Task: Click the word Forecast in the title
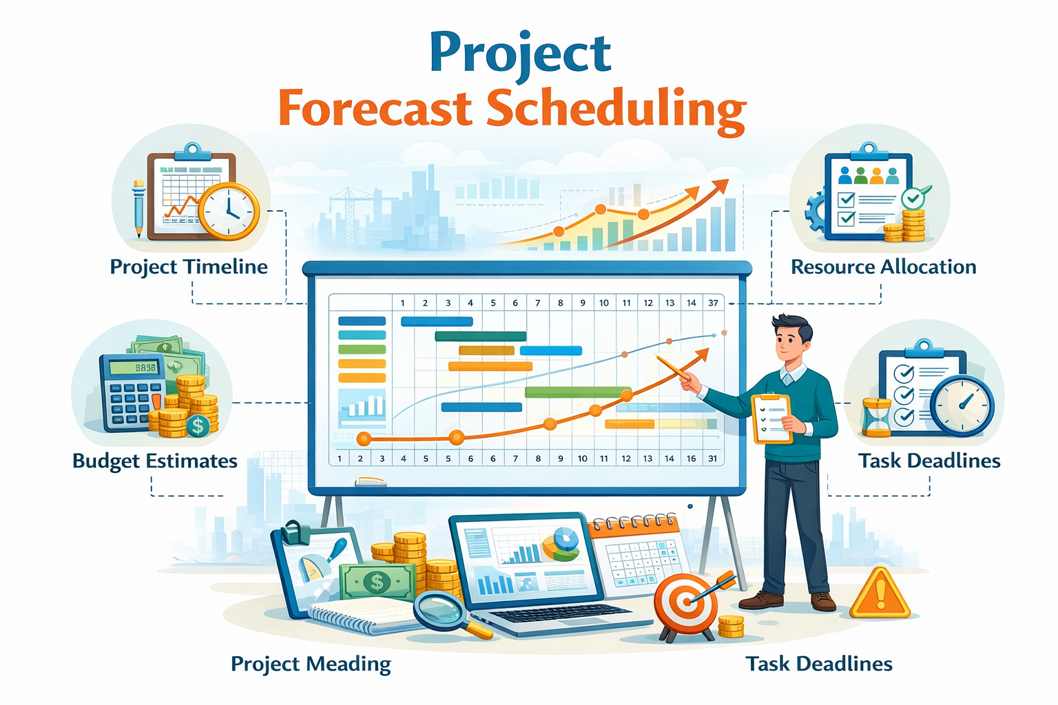click(x=375, y=108)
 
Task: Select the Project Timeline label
click(x=189, y=266)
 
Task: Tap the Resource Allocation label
click(x=883, y=266)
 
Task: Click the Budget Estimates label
click(x=155, y=461)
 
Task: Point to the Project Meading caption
click(x=311, y=664)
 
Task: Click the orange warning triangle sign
click(x=880, y=595)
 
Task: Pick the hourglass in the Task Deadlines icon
click(x=877, y=417)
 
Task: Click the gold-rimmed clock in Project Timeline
click(x=229, y=211)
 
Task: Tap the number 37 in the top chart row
click(x=713, y=302)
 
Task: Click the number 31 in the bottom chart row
click(x=712, y=458)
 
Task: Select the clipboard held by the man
click(x=772, y=418)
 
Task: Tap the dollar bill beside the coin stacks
click(x=377, y=582)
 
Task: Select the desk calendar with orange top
click(x=637, y=554)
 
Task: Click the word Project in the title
click(x=520, y=54)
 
